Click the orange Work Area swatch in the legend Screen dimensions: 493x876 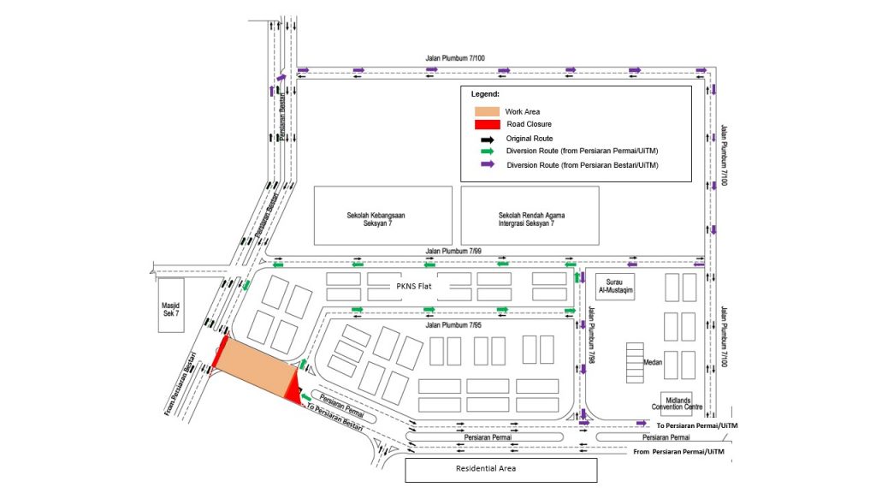coord(488,111)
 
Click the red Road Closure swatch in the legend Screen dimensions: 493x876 coord(488,124)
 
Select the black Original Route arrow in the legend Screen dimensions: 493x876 coord(488,139)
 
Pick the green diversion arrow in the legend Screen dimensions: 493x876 coord(488,151)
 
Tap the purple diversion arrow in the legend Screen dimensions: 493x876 coord(488,164)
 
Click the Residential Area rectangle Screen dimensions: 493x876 coord(500,469)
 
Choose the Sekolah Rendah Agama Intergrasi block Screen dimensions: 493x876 coord(530,215)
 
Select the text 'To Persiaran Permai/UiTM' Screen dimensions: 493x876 coord(697,425)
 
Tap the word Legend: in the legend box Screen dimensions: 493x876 coord(485,93)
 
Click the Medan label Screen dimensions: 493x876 coord(652,362)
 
